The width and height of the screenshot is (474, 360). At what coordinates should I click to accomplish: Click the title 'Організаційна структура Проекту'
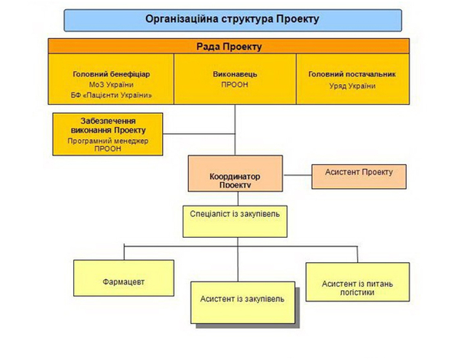(x=232, y=18)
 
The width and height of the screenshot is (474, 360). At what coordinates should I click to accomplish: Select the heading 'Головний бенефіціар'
(x=112, y=74)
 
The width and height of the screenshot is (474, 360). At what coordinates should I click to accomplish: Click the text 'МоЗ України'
(x=112, y=85)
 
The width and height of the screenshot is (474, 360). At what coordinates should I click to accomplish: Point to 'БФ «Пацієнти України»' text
(x=112, y=96)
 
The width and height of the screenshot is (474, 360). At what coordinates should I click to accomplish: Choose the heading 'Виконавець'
(x=235, y=74)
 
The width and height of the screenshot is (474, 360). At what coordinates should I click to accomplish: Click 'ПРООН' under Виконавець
(x=235, y=86)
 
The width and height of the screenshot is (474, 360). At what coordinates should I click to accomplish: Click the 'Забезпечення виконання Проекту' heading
(x=108, y=125)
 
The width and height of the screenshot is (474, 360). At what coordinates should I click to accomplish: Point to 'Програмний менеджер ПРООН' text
(x=108, y=144)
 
